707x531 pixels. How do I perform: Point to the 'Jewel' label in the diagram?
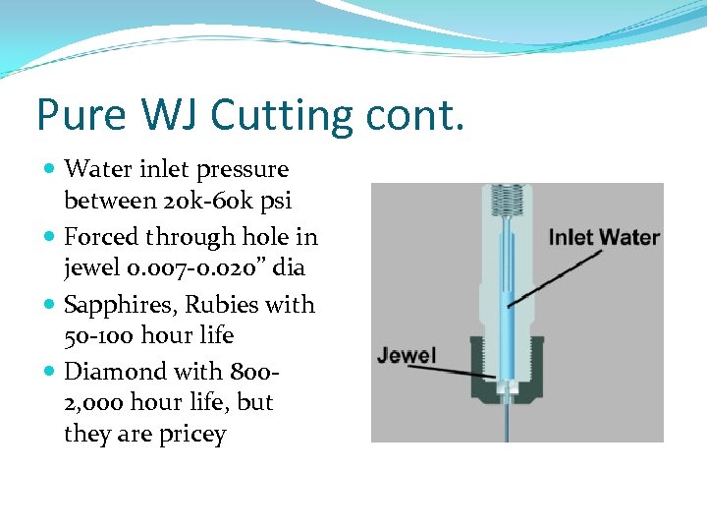coord(407,354)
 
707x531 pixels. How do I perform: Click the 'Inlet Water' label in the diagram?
coord(603,237)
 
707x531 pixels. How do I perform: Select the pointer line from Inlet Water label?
coord(555,277)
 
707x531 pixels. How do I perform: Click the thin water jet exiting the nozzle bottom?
coord(506,423)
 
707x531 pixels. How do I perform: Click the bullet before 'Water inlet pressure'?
coord(50,170)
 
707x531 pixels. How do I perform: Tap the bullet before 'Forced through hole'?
coord(50,237)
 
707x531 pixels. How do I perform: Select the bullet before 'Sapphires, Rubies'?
coord(50,305)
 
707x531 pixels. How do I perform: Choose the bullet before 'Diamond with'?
coord(50,373)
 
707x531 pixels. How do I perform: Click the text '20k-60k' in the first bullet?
coord(186,202)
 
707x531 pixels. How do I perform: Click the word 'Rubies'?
coord(213,305)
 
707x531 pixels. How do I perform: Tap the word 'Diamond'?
coord(111,372)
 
